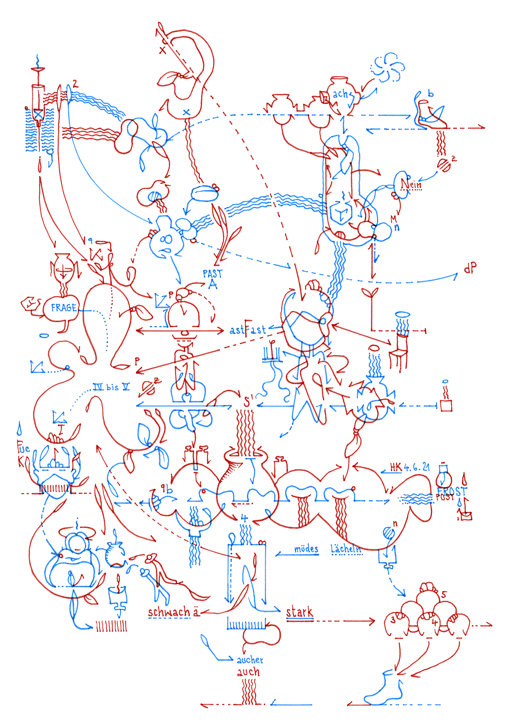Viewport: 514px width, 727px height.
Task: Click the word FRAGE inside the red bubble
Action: (64, 308)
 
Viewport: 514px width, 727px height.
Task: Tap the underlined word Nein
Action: (411, 185)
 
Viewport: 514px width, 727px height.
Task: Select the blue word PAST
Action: (212, 273)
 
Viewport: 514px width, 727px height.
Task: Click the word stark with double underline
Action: (299, 612)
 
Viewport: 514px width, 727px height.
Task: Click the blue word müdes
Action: (306, 549)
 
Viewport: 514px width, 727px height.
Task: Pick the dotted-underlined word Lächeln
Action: (346, 549)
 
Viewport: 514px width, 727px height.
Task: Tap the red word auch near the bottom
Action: (248, 672)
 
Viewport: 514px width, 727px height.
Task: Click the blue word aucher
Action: (250, 660)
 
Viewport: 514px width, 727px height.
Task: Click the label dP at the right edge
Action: (470, 268)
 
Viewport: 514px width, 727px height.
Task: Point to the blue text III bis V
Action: (111, 387)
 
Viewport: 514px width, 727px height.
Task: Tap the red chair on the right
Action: (399, 351)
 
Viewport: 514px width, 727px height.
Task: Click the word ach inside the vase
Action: (341, 94)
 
